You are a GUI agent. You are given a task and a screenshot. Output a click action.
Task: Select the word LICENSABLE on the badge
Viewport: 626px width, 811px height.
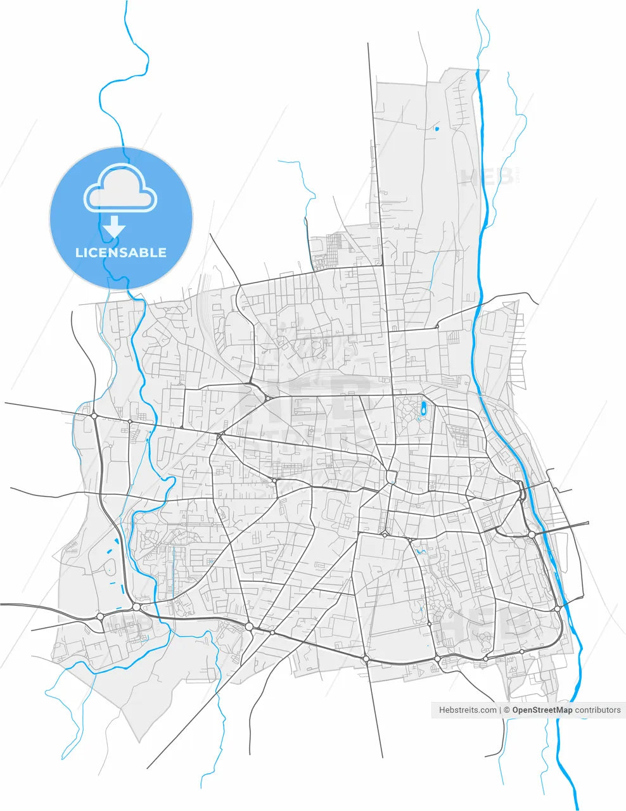(x=121, y=252)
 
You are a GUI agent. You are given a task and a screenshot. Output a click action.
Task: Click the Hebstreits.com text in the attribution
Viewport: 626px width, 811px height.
(x=468, y=710)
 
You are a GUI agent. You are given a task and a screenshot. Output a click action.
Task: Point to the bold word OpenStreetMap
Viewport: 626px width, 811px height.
(x=542, y=710)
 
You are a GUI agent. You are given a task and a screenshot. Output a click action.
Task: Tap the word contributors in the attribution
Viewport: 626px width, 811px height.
(x=598, y=710)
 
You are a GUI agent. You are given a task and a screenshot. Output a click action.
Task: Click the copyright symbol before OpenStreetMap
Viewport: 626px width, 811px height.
(x=507, y=710)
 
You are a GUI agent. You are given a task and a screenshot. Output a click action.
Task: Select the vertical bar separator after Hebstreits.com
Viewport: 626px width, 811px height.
(x=501, y=710)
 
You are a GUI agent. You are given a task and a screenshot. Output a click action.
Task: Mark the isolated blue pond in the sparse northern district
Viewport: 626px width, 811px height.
(x=437, y=129)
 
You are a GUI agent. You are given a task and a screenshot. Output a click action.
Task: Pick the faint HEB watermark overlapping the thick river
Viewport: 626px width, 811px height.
(x=488, y=176)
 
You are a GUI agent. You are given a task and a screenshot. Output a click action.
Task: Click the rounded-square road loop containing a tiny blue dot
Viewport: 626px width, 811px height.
(x=391, y=476)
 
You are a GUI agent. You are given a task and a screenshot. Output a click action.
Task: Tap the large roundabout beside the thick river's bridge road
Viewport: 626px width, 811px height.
(x=531, y=535)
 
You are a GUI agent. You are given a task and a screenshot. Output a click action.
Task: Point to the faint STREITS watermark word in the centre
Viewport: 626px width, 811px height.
(x=310, y=437)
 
